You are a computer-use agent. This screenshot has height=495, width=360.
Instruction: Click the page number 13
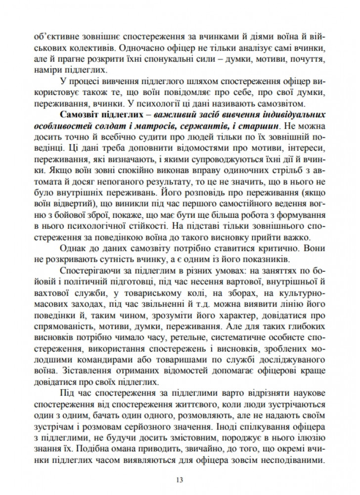180,479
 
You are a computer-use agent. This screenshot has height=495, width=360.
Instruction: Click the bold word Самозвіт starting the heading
79,115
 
